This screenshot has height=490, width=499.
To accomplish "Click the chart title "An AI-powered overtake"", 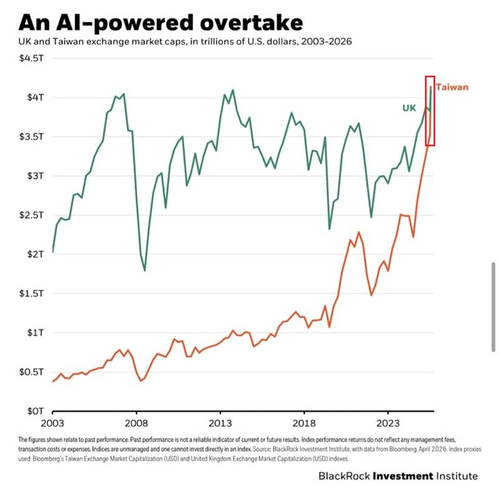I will pyautogui.click(x=160, y=23).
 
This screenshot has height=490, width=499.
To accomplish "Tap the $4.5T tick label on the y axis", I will pyautogui.click(x=32, y=58).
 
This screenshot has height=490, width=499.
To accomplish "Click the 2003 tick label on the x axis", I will pyautogui.click(x=53, y=424).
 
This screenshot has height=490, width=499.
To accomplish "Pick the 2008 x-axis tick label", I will pyautogui.click(x=137, y=424).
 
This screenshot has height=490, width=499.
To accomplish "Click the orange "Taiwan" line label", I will pyautogui.click(x=452, y=87).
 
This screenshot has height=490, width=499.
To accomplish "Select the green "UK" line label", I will pyautogui.click(x=409, y=108).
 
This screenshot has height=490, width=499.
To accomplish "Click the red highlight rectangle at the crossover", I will pyautogui.click(x=430, y=111).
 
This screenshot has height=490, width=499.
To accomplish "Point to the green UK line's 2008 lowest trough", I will pyautogui.click(x=145, y=270).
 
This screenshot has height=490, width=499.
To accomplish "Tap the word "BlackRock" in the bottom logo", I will pyautogui.click(x=344, y=476).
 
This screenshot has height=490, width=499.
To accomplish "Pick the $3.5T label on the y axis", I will pyautogui.click(x=32, y=136).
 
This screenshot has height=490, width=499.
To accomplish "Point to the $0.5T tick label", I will pyautogui.click(x=32, y=371).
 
